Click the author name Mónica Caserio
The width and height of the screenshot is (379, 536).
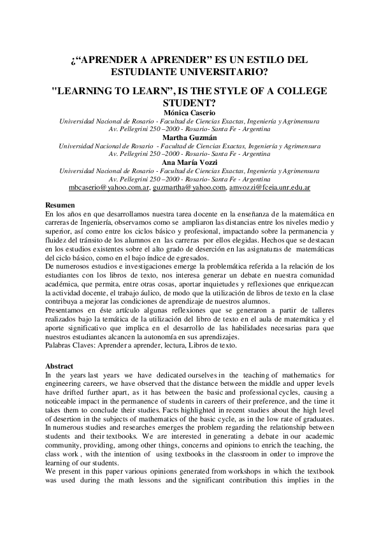point(189,113)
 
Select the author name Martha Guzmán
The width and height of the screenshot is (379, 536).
point(189,137)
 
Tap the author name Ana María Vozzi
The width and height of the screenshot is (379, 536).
point(189,162)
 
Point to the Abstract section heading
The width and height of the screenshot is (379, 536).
point(61,366)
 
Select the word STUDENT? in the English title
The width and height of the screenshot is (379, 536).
point(189,102)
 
